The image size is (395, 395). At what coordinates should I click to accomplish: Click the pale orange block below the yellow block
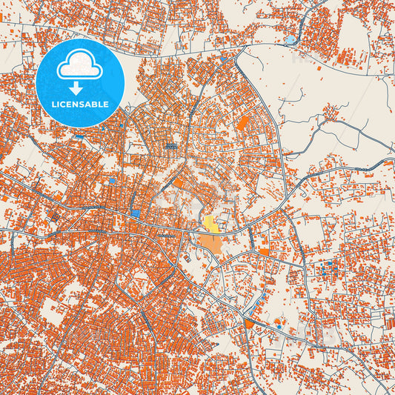click(x=210, y=242)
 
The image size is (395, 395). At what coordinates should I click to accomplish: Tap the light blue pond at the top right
click(x=291, y=39)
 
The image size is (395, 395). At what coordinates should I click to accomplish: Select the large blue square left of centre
click(x=135, y=213)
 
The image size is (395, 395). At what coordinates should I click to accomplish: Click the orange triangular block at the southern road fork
click(x=249, y=323)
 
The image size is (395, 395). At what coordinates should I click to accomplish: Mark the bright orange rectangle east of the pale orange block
click(x=264, y=251)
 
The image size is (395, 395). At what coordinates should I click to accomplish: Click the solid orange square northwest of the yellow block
click(x=179, y=183)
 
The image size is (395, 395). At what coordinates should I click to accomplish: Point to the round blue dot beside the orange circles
click(x=278, y=321)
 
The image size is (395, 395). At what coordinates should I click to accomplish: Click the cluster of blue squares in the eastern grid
click(x=326, y=265)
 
